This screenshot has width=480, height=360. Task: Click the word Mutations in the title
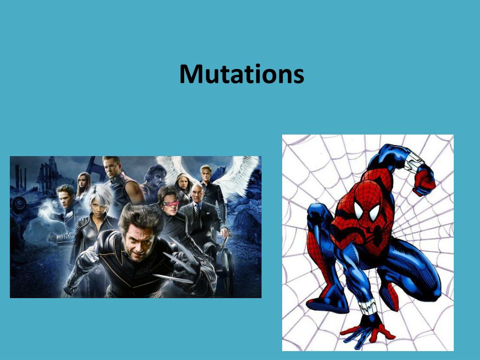241,74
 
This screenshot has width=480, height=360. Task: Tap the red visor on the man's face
171,203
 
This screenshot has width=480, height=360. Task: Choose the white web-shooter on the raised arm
412,162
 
